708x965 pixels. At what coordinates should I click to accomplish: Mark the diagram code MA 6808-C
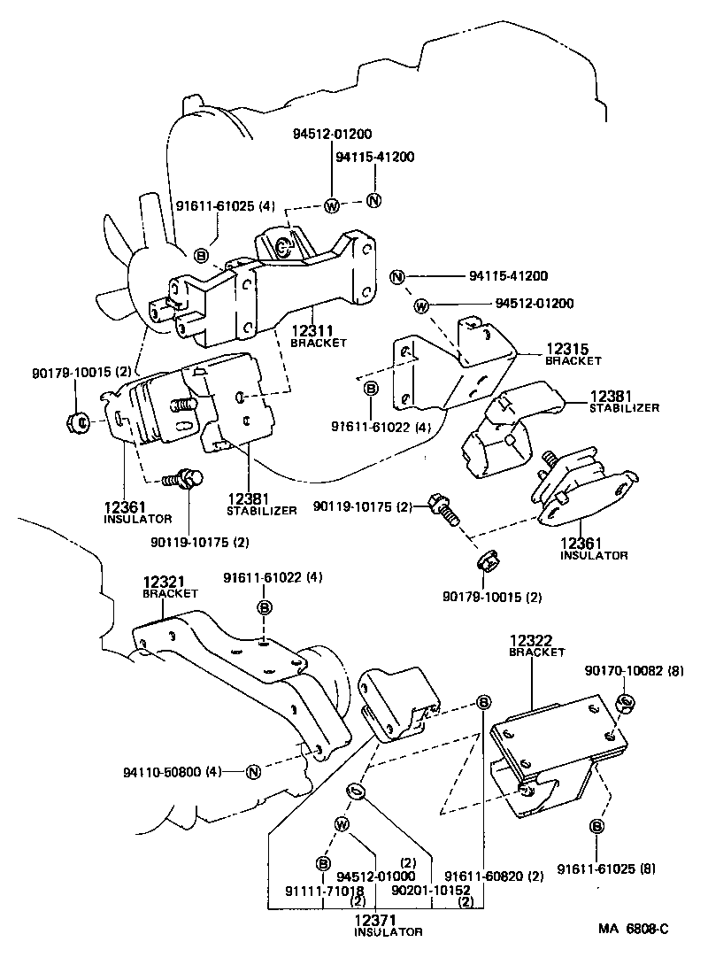[x=633, y=929]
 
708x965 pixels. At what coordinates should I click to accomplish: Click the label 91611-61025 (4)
[x=226, y=206]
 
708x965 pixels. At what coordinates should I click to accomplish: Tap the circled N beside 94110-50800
[x=252, y=771]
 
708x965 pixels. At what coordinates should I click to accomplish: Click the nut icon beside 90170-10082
[x=623, y=703]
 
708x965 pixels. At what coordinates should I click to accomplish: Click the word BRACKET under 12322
[x=536, y=652]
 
